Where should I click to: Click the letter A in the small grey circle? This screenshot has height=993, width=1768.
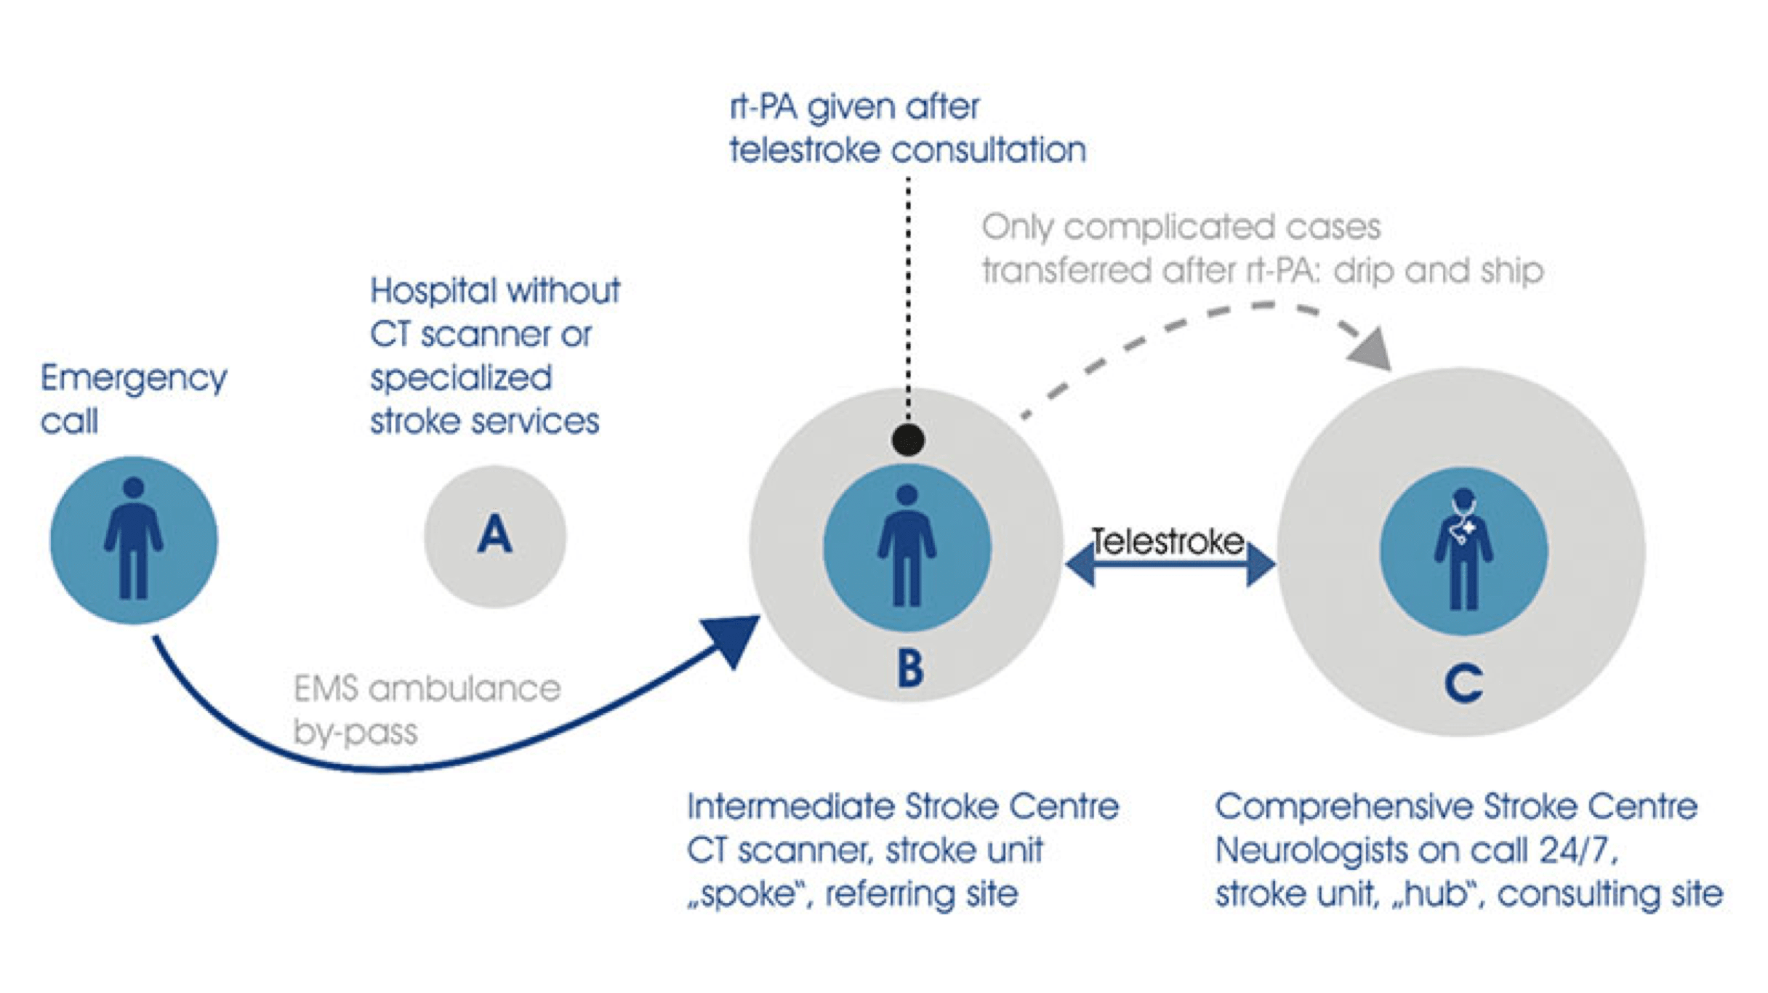click(x=494, y=534)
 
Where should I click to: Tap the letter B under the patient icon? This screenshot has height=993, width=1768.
click(x=910, y=668)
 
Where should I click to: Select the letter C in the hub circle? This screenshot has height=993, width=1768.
click(x=1463, y=683)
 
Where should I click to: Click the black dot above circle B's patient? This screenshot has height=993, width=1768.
click(x=908, y=440)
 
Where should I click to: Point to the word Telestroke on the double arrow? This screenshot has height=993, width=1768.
click(x=1168, y=542)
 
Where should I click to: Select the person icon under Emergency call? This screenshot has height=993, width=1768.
click(x=134, y=539)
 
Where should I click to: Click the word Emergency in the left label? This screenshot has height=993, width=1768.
click(x=134, y=379)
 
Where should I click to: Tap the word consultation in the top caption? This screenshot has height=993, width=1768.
click(x=989, y=150)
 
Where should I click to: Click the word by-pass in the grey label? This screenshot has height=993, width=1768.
click(x=355, y=732)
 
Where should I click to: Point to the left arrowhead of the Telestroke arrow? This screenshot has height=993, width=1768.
click(x=1082, y=564)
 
